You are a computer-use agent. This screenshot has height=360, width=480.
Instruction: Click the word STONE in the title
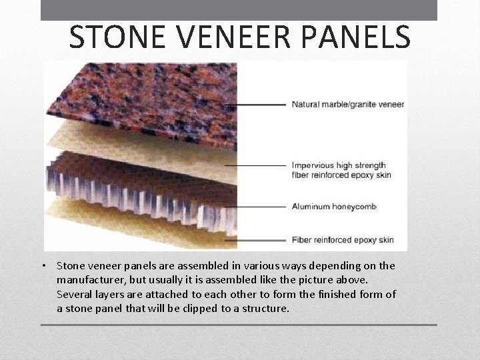[113, 37]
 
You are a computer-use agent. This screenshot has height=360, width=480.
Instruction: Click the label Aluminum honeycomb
[334, 207]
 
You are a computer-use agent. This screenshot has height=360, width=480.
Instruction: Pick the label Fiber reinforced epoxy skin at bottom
[343, 240]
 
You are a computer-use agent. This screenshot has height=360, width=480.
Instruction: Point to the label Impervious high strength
[339, 165]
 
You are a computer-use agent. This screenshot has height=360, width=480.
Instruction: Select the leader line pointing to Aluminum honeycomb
[260, 207]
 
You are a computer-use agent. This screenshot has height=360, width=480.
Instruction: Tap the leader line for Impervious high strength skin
[257, 165]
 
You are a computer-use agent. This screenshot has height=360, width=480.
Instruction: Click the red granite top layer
[140, 100]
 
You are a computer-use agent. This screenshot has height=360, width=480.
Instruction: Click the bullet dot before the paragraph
[43, 266]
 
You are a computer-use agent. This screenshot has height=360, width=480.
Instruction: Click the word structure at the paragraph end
[266, 308]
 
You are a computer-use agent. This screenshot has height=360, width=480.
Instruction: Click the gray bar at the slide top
[239, 10]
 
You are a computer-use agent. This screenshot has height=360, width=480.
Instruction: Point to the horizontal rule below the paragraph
[239, 325]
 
